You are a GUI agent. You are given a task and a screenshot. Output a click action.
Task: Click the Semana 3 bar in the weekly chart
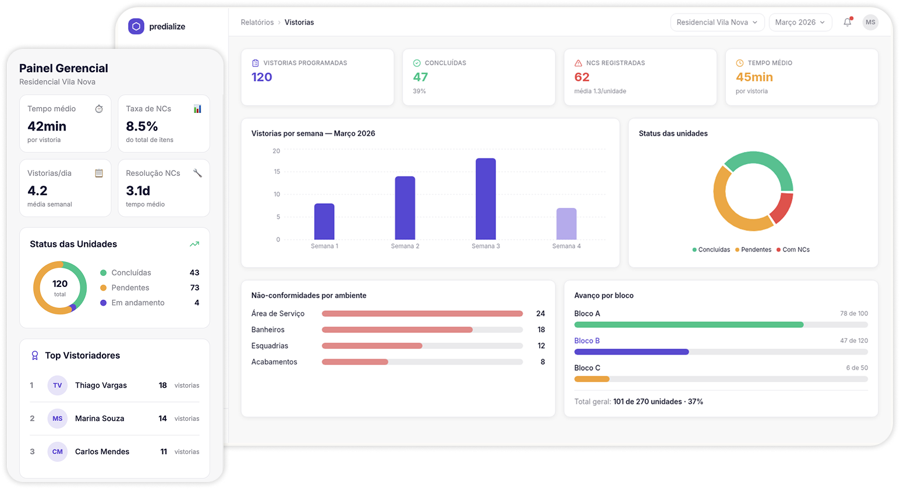coord(486,199)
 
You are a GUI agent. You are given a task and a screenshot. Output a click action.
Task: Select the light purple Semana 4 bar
coord(566,224)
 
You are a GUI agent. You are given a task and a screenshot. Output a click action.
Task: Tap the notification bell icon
coord(847,22)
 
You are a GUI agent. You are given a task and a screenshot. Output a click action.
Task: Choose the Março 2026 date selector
coord(800,22)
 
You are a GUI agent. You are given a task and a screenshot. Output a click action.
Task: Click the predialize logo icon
coord(136,26)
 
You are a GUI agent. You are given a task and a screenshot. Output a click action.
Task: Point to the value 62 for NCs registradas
coord(582,77)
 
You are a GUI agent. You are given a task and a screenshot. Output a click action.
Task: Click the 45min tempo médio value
coord(754,77)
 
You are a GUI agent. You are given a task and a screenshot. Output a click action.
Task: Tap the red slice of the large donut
coord(782,208)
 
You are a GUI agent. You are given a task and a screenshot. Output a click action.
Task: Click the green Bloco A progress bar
coord(689,325)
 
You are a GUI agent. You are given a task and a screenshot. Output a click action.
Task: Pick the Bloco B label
coord(587,341)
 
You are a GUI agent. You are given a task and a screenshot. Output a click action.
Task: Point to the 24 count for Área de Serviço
coord(540,314)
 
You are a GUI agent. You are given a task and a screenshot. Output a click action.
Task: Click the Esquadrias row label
coord(270,346)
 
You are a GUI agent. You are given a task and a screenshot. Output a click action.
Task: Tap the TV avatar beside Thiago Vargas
coord(58,385)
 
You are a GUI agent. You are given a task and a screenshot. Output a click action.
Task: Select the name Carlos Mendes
coord(102,452)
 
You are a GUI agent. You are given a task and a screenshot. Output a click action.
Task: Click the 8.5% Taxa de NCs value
coord(142,126)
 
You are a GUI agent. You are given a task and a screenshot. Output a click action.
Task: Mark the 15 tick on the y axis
coord(277,172)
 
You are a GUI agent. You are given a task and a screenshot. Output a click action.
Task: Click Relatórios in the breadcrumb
coord(257,22)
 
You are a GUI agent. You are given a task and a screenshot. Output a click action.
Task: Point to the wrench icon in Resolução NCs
coord(197,173)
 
